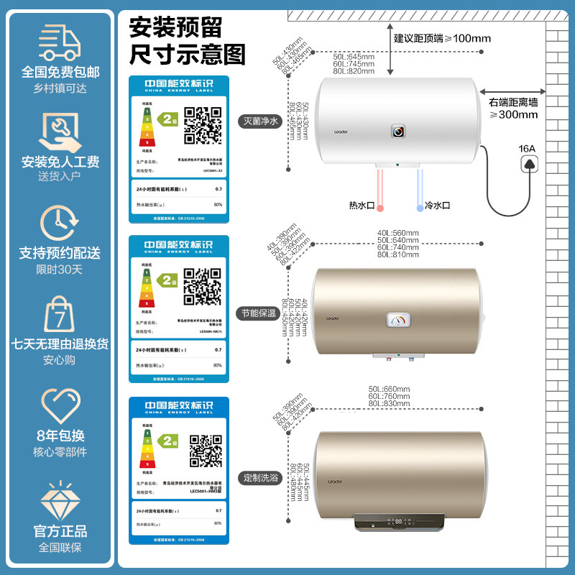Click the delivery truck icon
(60, 42)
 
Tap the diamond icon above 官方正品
(60, 500)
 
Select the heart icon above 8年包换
(60, 405)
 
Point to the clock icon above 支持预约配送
(60, 222)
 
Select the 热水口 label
(362, 205)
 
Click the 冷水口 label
(437, 205)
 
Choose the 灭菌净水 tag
(258, 121)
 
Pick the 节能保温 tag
(258, 313)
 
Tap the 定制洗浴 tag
(258, 477)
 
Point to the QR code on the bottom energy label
(206, 451)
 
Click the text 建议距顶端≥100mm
(441, 37)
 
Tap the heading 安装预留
(175, 27)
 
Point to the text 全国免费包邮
(60, 72)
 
